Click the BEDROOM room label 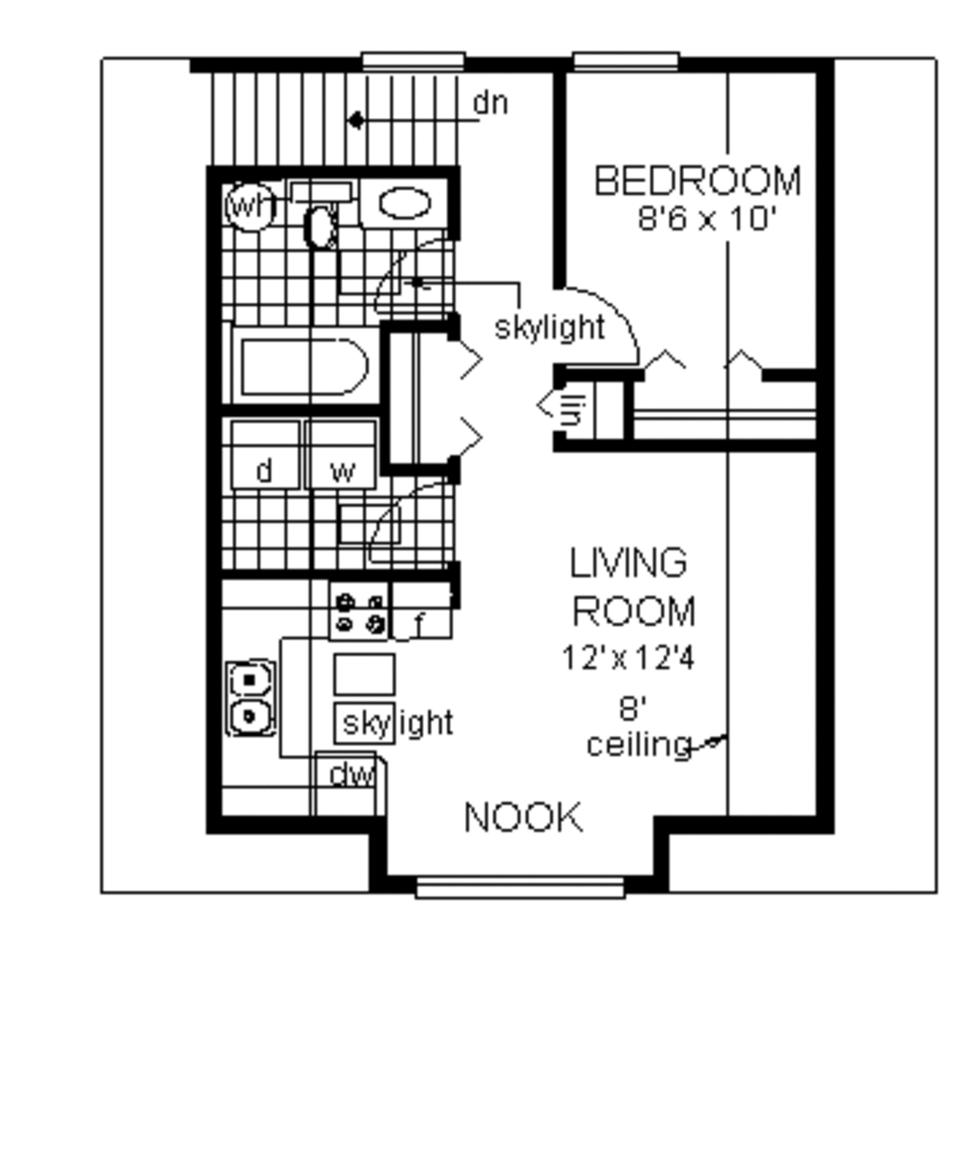(697, 181)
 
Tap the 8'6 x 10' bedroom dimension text (706, 220)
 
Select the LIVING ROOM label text (632, 588)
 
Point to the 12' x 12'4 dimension (628, 658)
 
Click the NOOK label (523, 818)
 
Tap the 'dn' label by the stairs (490, 103)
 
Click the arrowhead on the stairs (355, 120)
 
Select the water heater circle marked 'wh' (249, 207)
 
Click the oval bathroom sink (405, 204)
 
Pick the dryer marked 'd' (266, 455)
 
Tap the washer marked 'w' (343, 455)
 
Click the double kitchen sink (250, 698)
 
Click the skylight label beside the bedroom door (550, 327)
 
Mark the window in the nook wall (520, 887)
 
